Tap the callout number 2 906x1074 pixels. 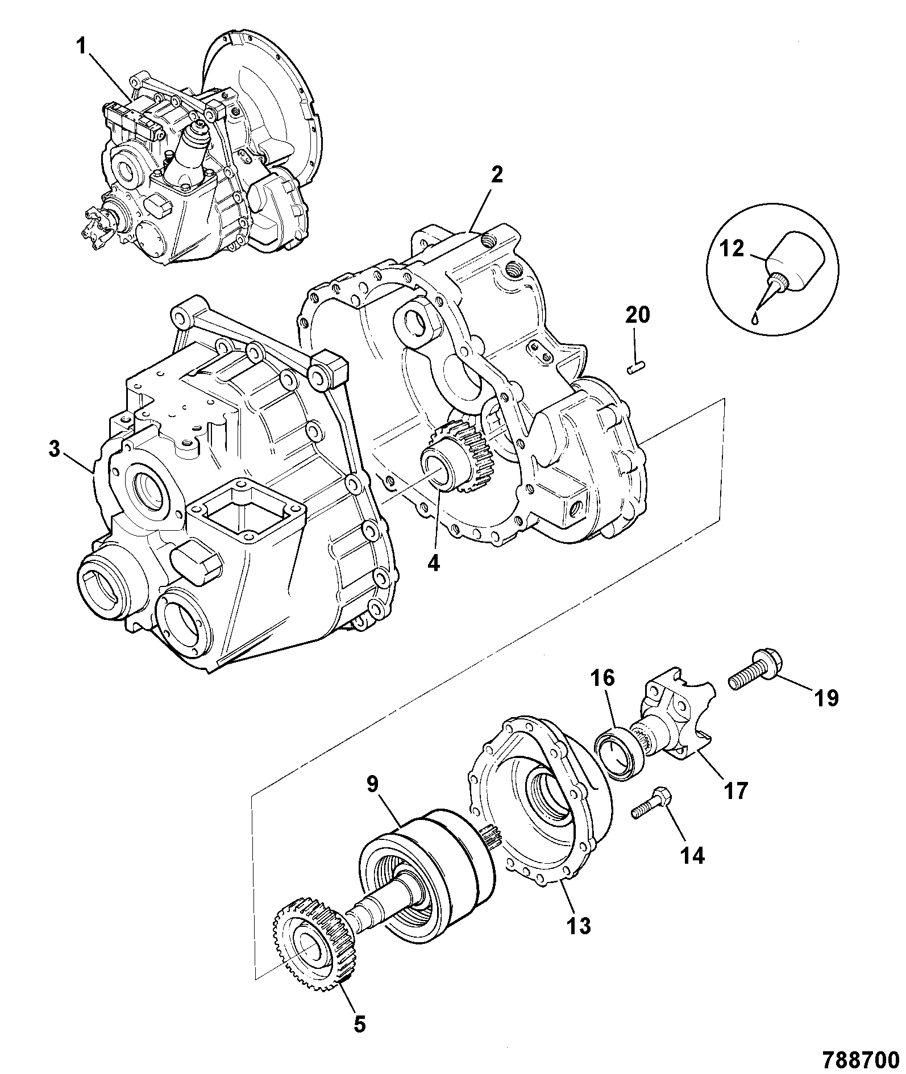point(497,175)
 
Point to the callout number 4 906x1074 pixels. point(434,563)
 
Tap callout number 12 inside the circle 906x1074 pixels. point(732,248)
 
